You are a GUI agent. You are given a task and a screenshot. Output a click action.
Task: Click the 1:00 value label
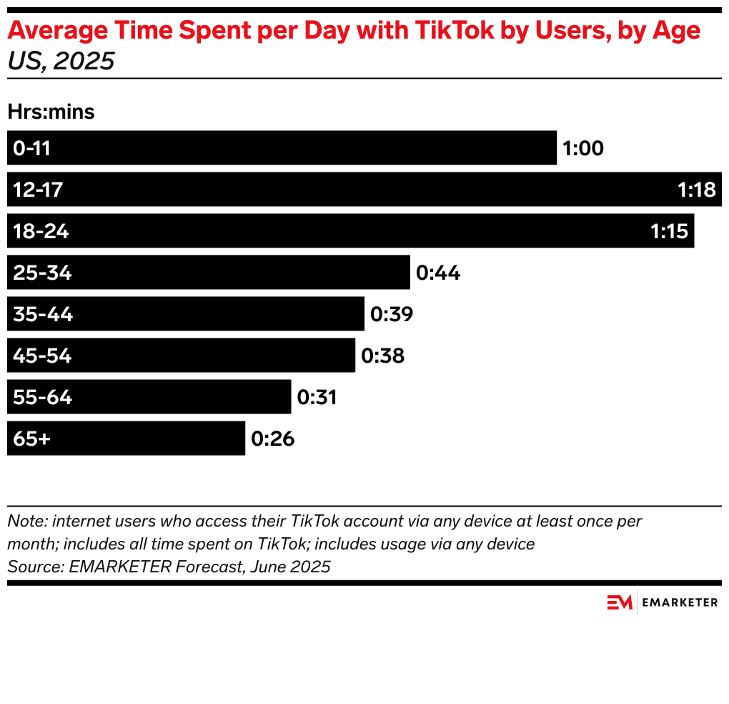tap(583, 148)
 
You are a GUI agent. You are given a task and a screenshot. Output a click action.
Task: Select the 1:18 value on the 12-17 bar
tap(696, 190)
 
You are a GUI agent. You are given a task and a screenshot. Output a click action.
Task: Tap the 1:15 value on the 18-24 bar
tap(669, 231)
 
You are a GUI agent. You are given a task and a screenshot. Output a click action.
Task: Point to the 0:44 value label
tap(438, 273)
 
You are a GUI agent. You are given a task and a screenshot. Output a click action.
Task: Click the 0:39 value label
tap(392, 314)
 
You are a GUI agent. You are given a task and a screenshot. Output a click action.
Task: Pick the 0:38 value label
tap(383, 356)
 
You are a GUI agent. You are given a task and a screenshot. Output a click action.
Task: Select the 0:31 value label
tap(317, 397)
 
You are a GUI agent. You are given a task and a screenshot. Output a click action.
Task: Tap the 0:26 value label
tap(272, 439)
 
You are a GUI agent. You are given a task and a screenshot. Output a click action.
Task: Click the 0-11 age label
tap(31, 148)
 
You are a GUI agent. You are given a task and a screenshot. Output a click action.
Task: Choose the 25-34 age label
tap(42, 273)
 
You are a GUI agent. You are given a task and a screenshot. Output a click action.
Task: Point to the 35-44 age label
tap(43, 314)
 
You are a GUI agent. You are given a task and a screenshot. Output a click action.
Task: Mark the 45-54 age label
tap(42, 356)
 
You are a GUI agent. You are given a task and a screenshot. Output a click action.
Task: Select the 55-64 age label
tap(42, 397)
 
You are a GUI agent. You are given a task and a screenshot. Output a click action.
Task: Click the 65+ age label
tap(31, 439)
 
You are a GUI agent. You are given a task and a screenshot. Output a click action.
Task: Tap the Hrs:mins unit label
tap(51, 112)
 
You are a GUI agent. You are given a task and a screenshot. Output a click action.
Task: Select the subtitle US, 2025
tap(61, 62)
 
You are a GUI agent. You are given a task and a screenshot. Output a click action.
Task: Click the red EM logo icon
tap(620, 602)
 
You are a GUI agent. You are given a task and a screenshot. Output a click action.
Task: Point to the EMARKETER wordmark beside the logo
tap(680, 602)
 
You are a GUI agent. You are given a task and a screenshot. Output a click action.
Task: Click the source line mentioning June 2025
tap(169, 567)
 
